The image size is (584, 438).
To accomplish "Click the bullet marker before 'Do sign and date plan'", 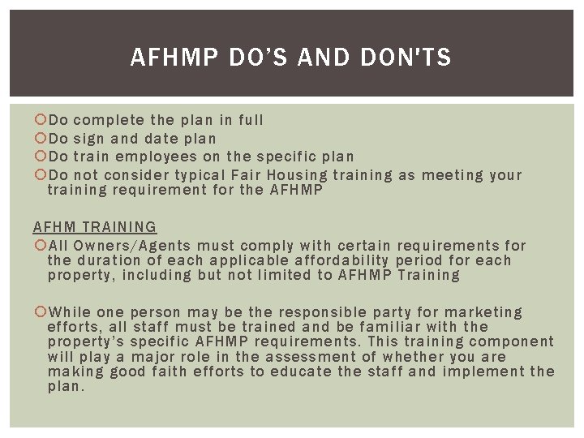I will click(x=41, y=139).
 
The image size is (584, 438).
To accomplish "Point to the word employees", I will click(x=156, y=157).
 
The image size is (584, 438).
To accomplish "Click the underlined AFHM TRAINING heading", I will click(x=95, y=227).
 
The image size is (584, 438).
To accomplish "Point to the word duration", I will click(x=110, y=260).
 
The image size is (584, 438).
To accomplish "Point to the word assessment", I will click(x=307, y=357).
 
